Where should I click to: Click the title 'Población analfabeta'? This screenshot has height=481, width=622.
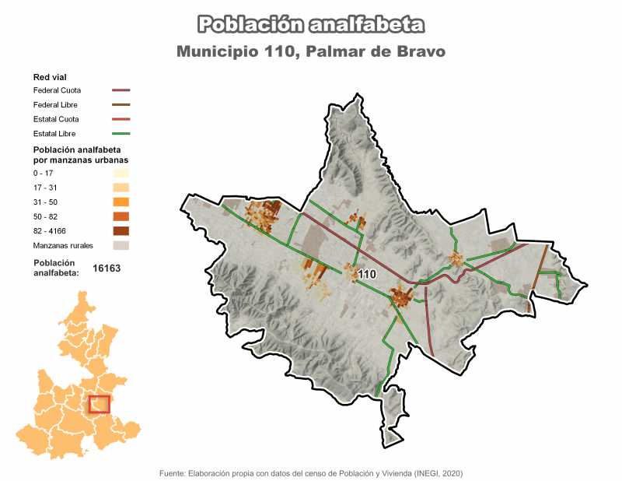click(311, 24)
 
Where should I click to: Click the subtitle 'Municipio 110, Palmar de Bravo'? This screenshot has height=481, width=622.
click(311, 52)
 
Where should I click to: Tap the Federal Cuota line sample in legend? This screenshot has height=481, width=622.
click(121, 90)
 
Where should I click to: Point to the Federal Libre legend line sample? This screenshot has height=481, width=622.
click(121, 104)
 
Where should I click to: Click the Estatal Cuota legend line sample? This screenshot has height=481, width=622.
click(121, 119)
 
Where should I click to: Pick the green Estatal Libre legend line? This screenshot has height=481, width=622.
click(121, 133)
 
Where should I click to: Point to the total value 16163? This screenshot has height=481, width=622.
click(107, 268)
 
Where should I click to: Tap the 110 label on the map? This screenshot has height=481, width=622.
click(367, 274)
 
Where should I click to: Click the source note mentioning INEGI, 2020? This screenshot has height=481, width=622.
click(311, 472)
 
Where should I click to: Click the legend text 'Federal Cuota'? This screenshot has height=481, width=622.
click(58, 90)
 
